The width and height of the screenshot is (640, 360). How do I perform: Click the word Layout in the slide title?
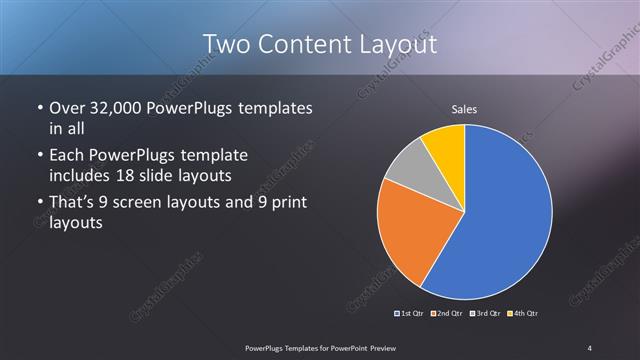coord(400,44)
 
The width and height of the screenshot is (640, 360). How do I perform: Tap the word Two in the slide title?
coord(226,44)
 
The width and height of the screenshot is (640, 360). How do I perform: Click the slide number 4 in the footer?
coord(590,347)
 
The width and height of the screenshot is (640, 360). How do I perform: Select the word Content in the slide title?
coord(304,44)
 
